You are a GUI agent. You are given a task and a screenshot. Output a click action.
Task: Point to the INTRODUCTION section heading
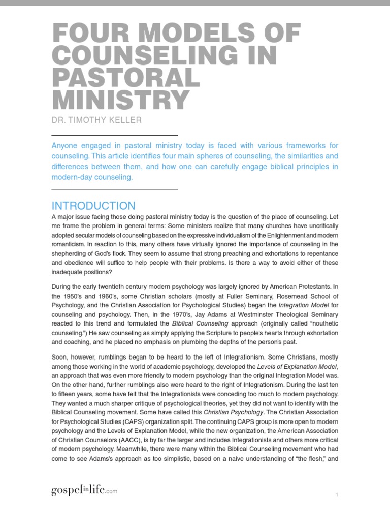(93, 206)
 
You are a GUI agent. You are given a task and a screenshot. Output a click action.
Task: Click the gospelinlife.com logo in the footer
(84, 490)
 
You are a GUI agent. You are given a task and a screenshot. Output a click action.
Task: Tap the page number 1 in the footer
(337, 495)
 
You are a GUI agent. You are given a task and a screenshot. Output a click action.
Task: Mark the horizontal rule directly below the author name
(115, 135)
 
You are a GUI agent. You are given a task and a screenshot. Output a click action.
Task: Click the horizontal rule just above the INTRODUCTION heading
(115, 189)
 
